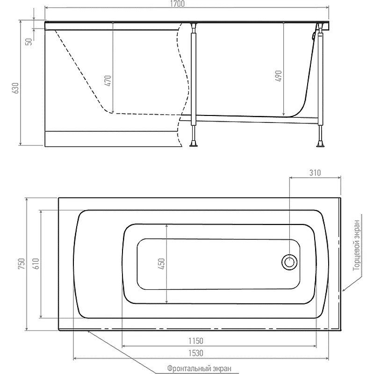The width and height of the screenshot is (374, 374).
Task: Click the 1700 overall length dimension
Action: click(178, 4)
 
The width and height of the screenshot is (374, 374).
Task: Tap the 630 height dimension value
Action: click(15, 88)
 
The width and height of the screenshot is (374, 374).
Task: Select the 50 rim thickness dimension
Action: click(29, 42)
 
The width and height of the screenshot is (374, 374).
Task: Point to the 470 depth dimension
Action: click(108, 80)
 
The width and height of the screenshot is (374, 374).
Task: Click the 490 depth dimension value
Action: click(279, 76)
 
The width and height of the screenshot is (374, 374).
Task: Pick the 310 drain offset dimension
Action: click(315, 173)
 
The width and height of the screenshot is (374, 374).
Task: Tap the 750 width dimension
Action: click(22, 264)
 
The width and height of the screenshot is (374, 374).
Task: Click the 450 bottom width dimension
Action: click(161, 264)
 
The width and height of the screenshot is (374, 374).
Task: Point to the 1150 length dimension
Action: click(196, 341)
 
